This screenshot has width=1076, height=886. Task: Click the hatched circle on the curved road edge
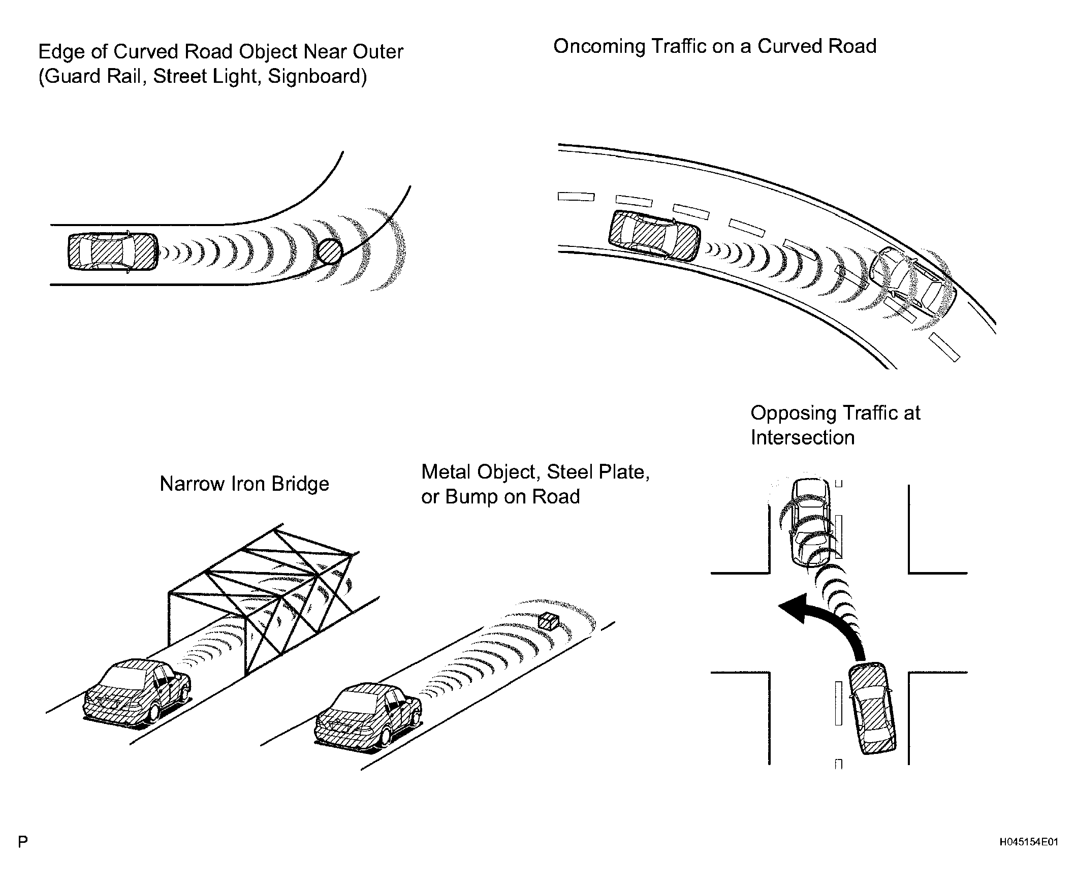329,251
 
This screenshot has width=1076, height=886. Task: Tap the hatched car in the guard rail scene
113,251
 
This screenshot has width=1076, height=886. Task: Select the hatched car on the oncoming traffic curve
655,236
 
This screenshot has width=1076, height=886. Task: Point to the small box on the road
549,621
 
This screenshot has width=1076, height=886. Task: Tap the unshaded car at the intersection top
811,523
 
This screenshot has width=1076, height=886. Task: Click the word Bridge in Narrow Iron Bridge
301,484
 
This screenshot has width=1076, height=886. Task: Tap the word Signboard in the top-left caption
318,77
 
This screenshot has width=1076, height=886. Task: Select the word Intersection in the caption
802,437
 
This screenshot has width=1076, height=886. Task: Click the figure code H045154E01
1029,842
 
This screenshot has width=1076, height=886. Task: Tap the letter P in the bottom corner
23,842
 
